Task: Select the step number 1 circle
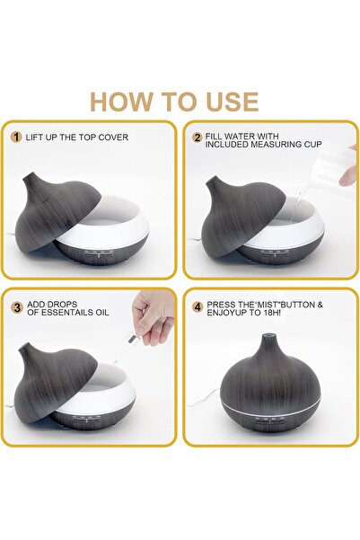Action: pos(16,137)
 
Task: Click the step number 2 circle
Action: pos(198,137)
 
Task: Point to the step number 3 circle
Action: pos(17,307)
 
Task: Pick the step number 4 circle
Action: pos(198,307)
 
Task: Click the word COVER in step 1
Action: pos(113,137)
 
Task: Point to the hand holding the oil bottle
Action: pos(154,316)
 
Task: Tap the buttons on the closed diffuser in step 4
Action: pos(270,420)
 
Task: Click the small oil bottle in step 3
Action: pos(130,335)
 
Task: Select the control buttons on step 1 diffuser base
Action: pos(99,254)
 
